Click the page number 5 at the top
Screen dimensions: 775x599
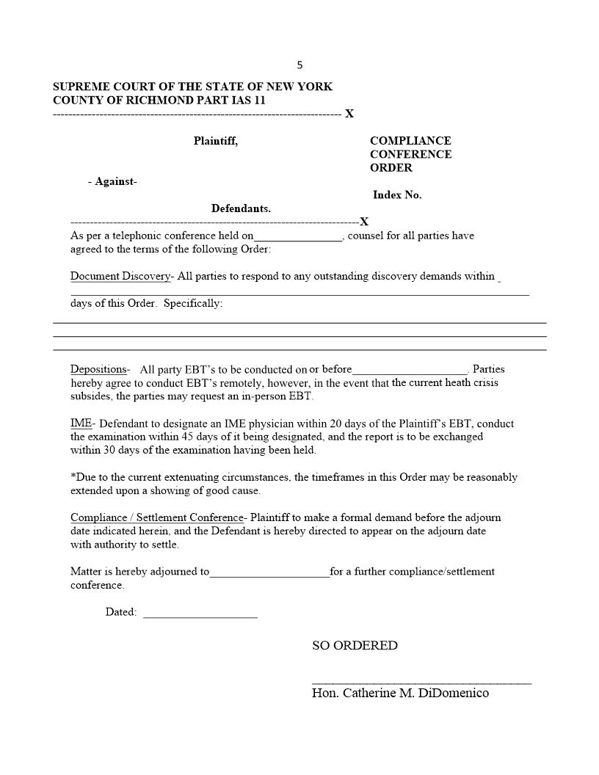(x=299, y=65)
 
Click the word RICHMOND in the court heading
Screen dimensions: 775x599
(x=138, y=101)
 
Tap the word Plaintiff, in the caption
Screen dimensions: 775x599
(x=216, y=141)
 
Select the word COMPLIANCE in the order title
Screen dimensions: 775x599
(x=410, y=141)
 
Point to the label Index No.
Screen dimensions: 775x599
(x=397, y=195)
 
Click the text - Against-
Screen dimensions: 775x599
(x=112, y=182)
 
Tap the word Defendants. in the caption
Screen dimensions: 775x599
(x=241, y=208)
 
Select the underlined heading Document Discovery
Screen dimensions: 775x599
(x=120, y=277)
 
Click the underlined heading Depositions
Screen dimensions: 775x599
(x=99, y=369)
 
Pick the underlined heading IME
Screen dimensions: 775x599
(x=81, y=423)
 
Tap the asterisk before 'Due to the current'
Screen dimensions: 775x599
(x=73, y=476)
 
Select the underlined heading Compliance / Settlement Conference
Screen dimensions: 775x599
(x=156, y=517)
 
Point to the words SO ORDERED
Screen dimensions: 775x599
(x=355, y=646)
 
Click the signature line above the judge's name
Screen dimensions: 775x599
(x=421, y=683)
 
